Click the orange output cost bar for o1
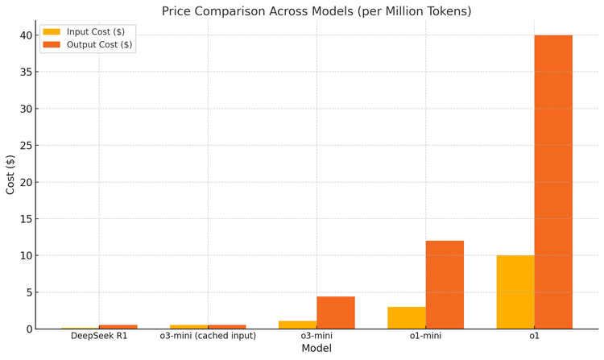pos(553,182)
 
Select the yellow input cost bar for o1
pos(515,292)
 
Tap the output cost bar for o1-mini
pos(445,285)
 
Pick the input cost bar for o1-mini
pos(407,318)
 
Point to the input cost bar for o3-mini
pos(298,325)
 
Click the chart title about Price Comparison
pos(316,11)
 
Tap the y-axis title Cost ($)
pos(10,174)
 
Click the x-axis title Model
pos(316,349)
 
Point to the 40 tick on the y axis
pos(27,35)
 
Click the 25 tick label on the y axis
pos(27,146)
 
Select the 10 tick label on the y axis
pos(27,256)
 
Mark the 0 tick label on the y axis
pos(30,329)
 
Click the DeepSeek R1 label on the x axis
pos(99,335)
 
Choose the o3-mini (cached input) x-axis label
pos(208,335)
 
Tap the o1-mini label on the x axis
pos(425,335)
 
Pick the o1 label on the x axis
pos(534,335)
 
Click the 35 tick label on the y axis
pos(27,72)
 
